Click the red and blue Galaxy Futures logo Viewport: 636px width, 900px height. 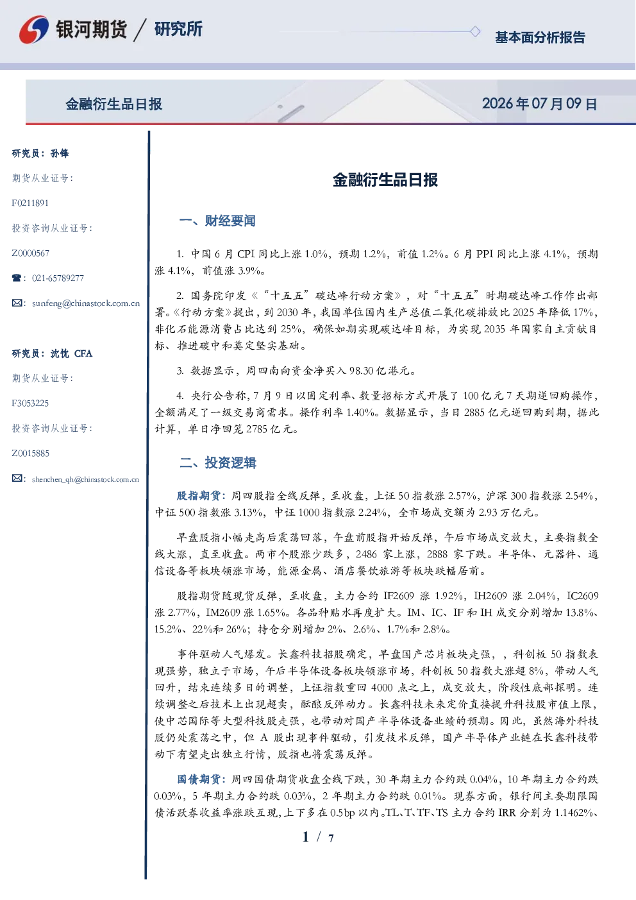34,30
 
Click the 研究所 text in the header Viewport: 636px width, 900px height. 178,29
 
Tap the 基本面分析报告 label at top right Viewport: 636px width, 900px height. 540,37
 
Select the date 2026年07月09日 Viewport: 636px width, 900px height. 540,104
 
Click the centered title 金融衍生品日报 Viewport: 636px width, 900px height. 385,180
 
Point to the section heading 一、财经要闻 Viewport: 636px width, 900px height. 217,221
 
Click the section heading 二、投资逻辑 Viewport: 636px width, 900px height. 217,463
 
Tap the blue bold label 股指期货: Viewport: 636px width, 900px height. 202,496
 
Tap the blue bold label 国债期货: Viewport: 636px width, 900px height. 202,779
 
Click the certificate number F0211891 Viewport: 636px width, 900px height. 30,203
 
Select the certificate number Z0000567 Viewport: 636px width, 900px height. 31,253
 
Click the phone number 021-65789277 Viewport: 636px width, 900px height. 58,278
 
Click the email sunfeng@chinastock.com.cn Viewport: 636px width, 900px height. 86,303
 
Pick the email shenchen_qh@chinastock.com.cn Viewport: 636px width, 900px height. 85,479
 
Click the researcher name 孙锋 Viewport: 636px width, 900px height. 60,153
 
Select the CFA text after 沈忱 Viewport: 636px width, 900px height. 83,353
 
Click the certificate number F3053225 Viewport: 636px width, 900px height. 30,403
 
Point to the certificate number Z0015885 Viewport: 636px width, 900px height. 31,454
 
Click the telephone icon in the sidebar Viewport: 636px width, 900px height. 17,278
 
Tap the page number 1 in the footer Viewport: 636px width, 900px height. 306,837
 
